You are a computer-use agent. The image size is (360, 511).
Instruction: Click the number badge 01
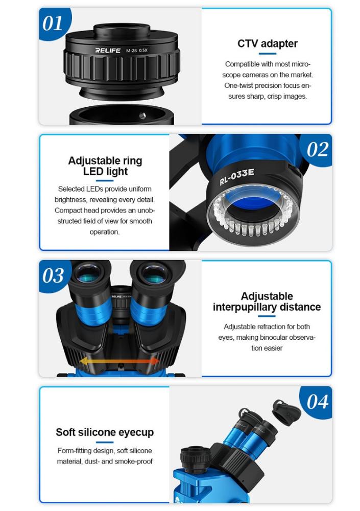(53, 24)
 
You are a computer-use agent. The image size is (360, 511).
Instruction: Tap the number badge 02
(317, 150)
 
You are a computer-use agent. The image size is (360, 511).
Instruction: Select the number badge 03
(53, 276)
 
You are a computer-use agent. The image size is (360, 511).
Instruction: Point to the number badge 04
(317, 402)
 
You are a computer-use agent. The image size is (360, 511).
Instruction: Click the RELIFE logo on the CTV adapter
(108, 50)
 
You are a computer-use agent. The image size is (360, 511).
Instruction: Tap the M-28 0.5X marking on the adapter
(137, 51)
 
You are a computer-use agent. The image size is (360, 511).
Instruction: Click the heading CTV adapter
(268, 43)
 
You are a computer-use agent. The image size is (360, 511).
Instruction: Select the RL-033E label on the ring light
(236, 177)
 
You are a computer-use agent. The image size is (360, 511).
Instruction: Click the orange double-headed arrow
(119, 361)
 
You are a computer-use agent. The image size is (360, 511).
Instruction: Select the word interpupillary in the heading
(244, 307)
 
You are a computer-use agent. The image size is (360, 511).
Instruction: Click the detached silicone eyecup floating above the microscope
(286, 412)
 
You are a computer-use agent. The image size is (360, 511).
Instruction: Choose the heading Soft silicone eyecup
(105, 432)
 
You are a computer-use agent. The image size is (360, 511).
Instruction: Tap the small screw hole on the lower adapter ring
(142, 115)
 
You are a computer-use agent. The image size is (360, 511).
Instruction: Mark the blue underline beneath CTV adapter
(268, 54)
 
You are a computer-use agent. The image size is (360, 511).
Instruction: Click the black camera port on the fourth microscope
(196, 456)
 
